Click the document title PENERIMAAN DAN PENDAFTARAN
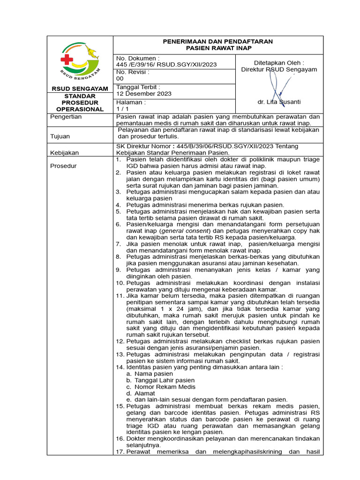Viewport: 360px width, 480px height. click(217, 41)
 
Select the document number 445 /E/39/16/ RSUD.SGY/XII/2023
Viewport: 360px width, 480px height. click(166, 65)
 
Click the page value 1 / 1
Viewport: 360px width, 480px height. click(122, 109)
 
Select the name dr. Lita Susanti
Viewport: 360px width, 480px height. click(279, 102)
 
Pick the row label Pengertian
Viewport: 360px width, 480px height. click(66, 117)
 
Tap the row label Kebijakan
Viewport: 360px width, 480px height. click(65, 153)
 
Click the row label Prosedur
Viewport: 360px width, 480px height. click(64, 166)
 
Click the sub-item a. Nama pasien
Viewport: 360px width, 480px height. click(150, 374)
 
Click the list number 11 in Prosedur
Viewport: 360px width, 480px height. click(119, 296)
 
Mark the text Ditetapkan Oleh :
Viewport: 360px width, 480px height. click(279, 62)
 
